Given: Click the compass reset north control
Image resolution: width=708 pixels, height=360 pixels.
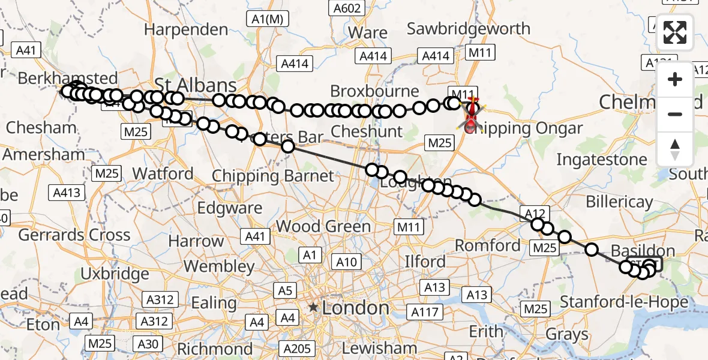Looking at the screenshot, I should coord(675,149).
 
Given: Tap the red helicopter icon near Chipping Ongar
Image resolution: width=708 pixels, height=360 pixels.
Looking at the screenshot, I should coord(472,114).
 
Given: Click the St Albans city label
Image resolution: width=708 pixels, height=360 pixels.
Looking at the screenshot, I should coord(196,84).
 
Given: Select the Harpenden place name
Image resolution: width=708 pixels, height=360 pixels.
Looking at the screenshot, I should coord(186,29).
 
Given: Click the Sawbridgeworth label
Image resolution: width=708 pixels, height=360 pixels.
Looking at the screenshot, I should coord(469,29).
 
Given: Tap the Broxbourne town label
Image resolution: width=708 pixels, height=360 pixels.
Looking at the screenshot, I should coord(374,92).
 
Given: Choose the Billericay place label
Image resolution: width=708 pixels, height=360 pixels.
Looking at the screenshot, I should coord(619,202).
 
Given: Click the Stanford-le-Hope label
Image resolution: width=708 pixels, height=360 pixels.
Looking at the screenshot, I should coord(632,302).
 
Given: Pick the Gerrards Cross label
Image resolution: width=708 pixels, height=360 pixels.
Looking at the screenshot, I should coord(74,235).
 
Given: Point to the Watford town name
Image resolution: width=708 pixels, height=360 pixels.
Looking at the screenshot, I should coord(163,174).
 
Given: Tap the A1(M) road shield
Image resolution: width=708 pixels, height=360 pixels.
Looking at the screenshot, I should coord(267,19).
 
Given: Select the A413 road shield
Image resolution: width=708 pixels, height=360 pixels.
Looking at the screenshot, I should coord(67,193).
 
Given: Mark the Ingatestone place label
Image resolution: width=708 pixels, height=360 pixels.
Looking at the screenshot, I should coord(602,160).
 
